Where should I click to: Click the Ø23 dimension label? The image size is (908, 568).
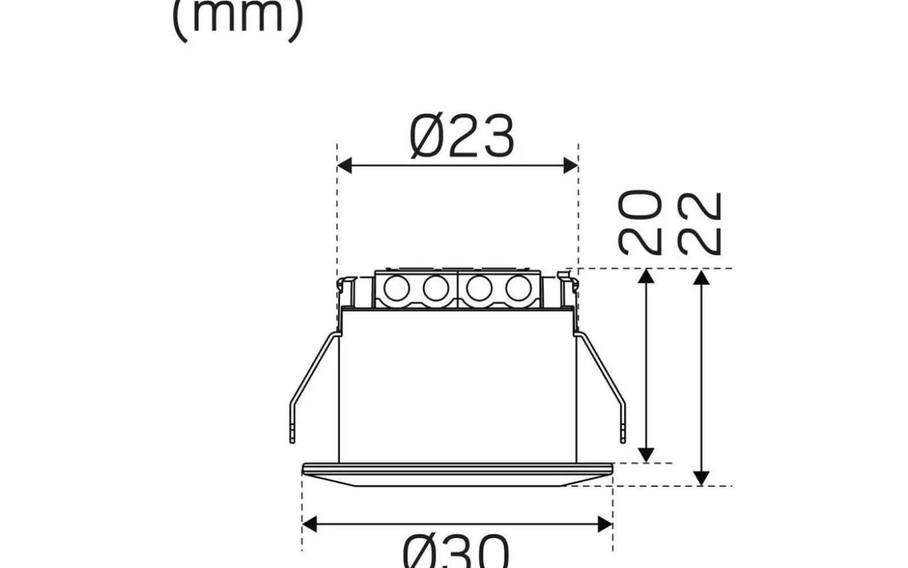tap(462, 136)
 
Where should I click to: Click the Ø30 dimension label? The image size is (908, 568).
tap(456, 552)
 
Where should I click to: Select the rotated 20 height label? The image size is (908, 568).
tap(640, 222)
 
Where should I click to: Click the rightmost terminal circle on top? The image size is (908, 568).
tap(518, 288)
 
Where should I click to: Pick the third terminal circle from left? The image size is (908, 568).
tap(478, 288)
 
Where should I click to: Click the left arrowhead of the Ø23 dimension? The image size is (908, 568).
tap(344, 166)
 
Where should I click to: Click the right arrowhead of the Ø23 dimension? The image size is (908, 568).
tap(571, 166)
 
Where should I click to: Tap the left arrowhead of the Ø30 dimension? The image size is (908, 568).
tap(309, 523)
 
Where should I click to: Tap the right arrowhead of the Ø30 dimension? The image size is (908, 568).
tap(605, 523)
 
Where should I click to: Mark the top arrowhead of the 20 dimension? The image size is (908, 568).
tap(645, 277)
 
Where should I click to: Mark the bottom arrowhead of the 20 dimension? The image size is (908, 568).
tap(645, 454)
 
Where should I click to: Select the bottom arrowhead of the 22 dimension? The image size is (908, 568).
tap(701, 478)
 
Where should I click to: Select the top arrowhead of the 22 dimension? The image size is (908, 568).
tap(701, 277)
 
